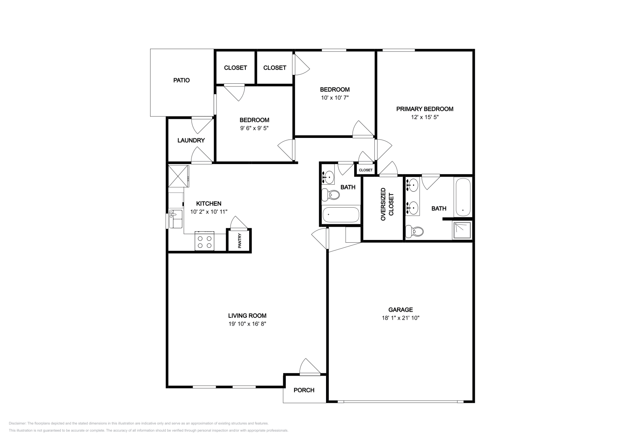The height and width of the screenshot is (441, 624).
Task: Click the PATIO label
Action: click(181, 80)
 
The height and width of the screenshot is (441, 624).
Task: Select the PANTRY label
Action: click(239, 241)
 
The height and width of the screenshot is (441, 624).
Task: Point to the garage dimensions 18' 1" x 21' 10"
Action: click(400, 318)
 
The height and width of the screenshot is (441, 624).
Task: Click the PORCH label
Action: click(304, 390)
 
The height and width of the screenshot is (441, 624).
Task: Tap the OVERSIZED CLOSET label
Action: click(387, 204)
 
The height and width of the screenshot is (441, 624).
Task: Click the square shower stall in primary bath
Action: click(462, 230)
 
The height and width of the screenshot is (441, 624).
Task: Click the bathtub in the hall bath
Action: click(340, 215)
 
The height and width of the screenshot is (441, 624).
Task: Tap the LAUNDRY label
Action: click(191, 140)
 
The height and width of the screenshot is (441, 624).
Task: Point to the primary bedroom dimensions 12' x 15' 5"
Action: click(425, 117)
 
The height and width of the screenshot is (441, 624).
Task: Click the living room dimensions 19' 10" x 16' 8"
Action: click(247, 324)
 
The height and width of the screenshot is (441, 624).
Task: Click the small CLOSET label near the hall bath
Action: click(365, 170)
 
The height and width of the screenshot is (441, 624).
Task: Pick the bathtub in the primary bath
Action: click(463, 197)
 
